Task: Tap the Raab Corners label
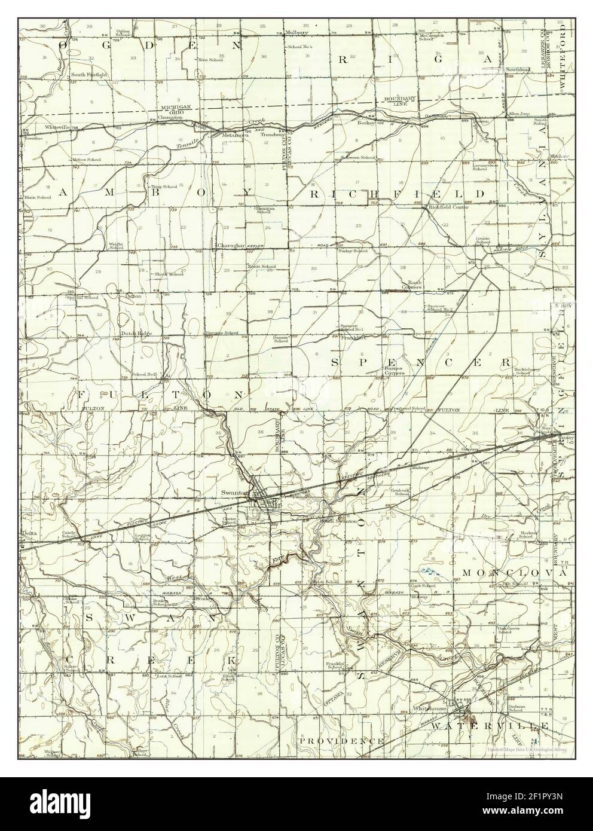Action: pos(414,284)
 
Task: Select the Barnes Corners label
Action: pos(394,371)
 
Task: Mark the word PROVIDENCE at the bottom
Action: pos(342,741)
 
